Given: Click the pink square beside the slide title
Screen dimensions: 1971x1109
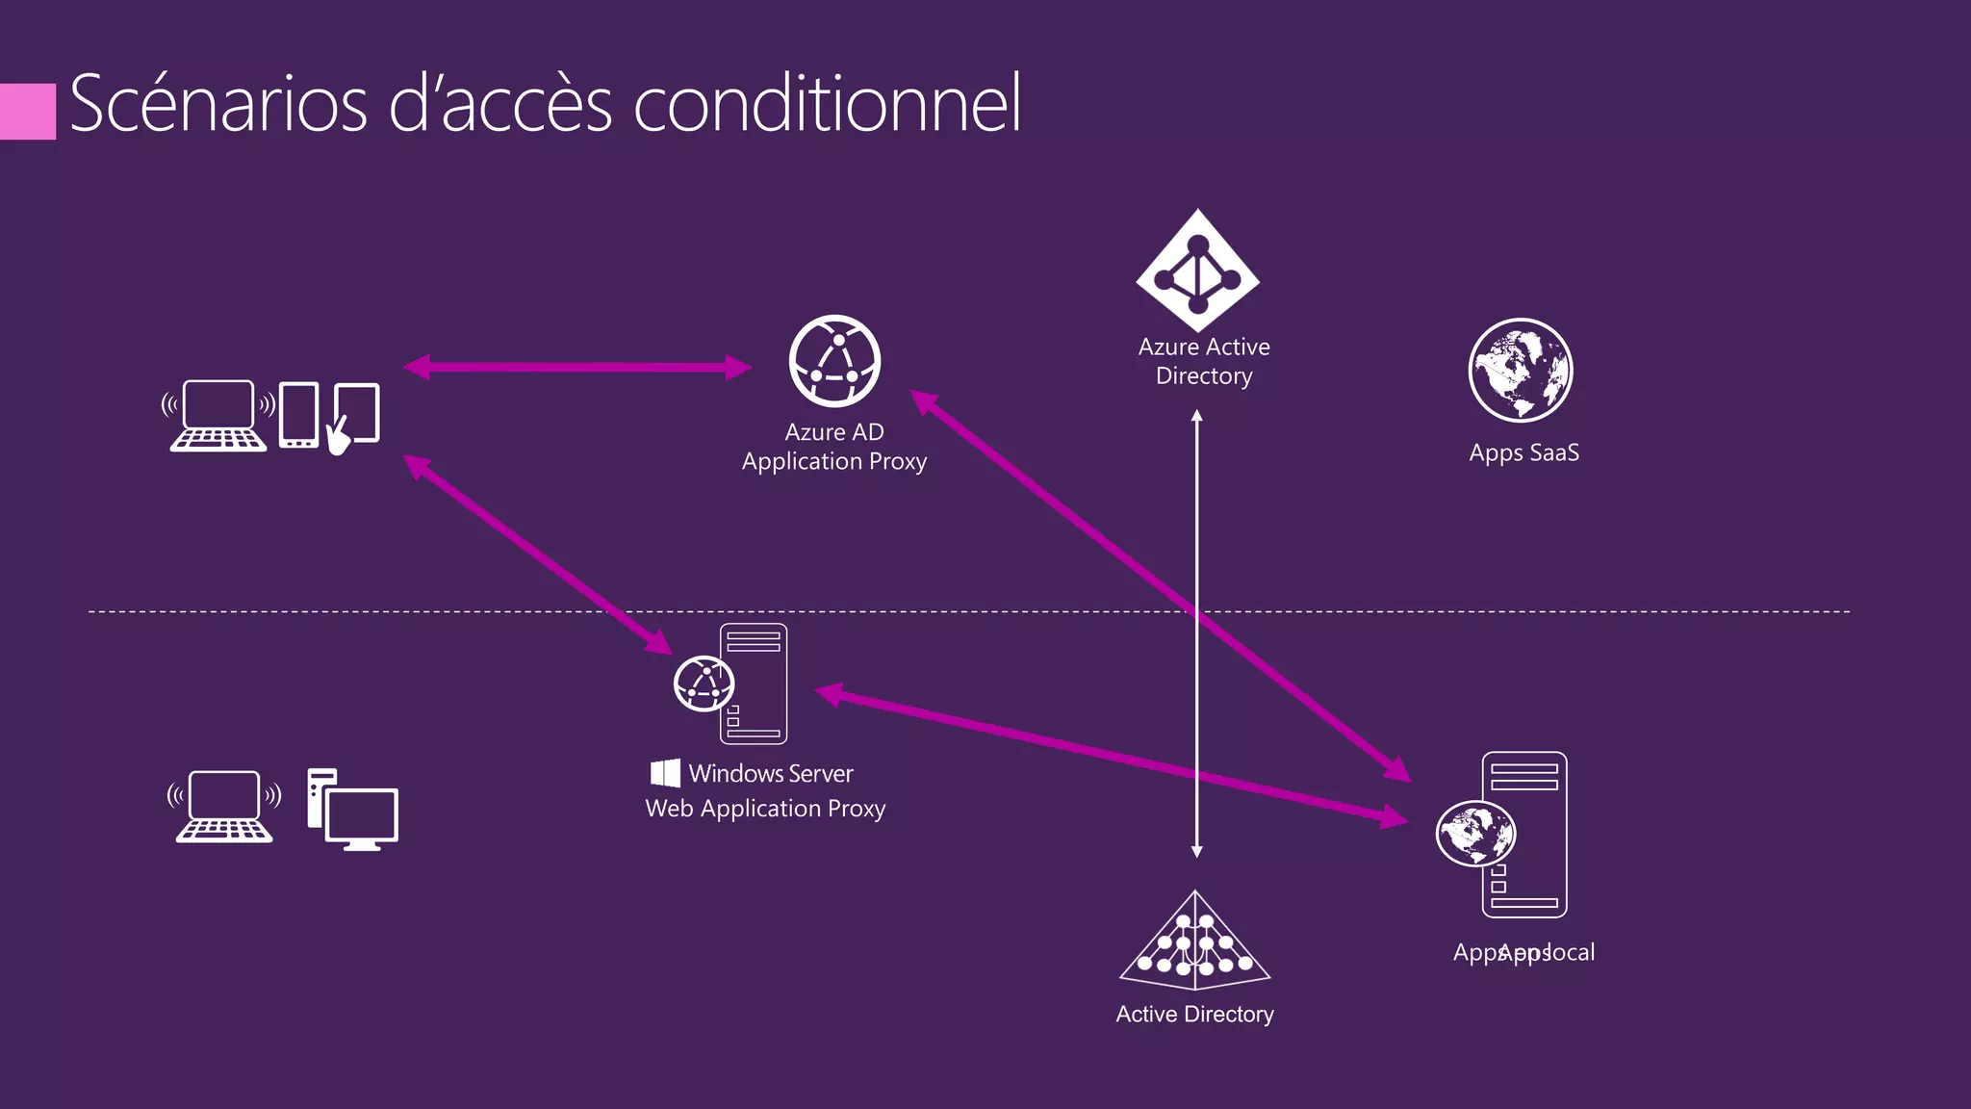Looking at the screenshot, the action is point(27,111).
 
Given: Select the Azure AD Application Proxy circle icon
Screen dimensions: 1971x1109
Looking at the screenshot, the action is point(834,361).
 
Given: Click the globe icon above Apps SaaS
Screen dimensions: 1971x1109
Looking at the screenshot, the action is point(1521,370).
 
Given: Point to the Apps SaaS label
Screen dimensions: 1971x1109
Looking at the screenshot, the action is point(1523,452).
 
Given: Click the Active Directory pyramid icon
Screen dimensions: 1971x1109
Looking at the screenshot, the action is point(1195,943).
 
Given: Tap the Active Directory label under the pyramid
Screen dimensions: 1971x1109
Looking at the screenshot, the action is point(1194,1014).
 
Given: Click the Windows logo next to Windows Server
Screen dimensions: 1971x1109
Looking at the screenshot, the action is point(665,773).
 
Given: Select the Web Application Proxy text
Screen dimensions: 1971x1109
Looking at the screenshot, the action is point(765,809).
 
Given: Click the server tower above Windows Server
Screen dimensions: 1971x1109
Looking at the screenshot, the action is point(755,683).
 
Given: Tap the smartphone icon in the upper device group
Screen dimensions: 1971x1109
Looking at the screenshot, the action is point(298,415).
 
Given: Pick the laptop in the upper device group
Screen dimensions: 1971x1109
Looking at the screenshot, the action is point(218,416).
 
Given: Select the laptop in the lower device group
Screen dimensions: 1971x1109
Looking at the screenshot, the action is point(224,807).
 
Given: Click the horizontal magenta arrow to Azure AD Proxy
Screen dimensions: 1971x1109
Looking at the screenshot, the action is point(577,367).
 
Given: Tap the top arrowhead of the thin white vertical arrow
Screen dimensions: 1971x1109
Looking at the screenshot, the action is point(1197,416).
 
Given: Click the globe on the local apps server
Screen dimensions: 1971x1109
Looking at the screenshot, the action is point(1475,833).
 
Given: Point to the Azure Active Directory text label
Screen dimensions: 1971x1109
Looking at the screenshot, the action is point(1204,361).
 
